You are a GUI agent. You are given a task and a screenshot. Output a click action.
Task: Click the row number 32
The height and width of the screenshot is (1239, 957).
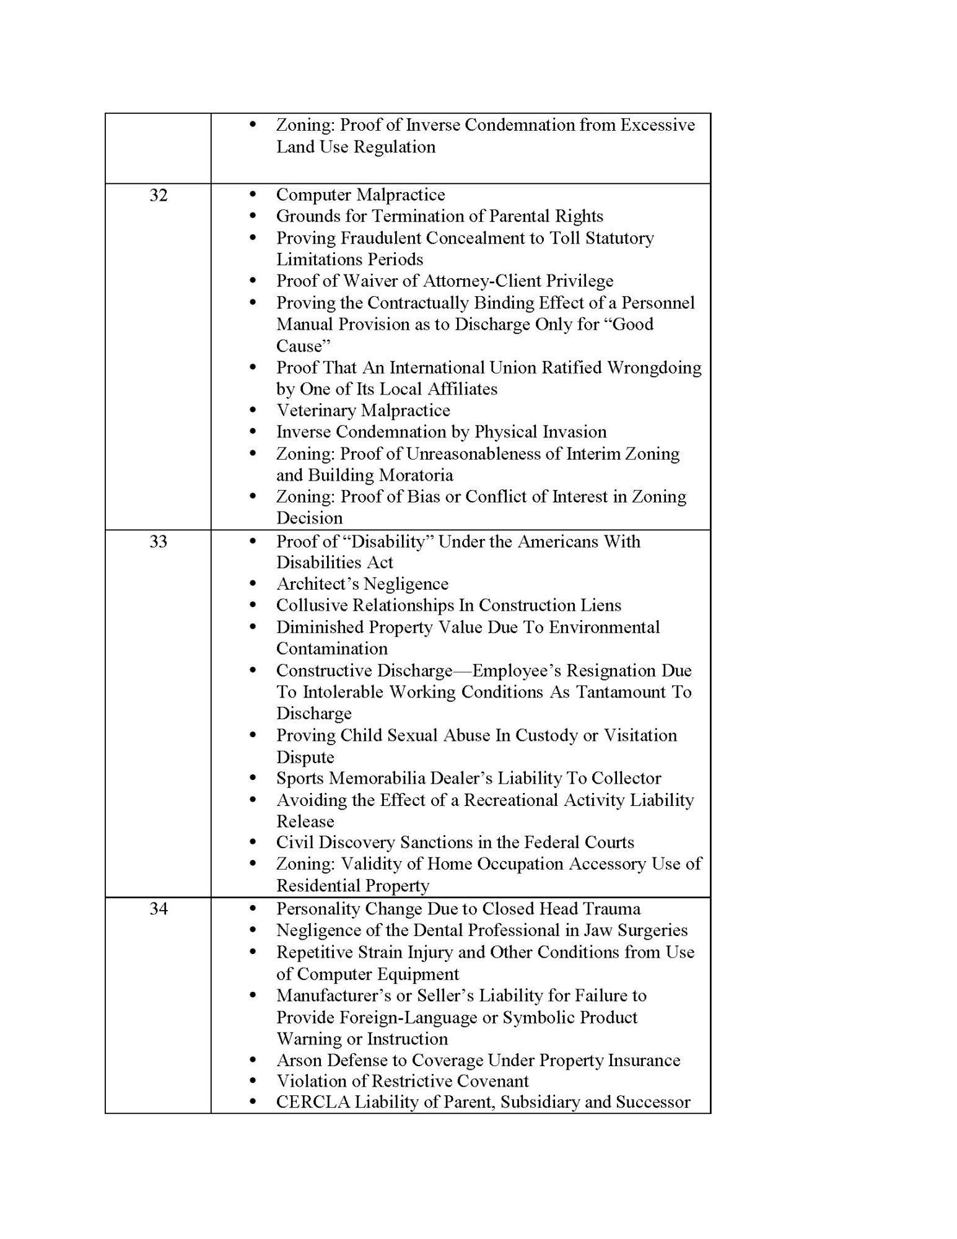tap(158, 195)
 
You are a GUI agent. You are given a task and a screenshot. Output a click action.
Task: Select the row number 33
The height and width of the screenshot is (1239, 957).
tap(158, 541)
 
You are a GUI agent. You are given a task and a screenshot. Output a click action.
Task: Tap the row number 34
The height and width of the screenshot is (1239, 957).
tap(158, 909)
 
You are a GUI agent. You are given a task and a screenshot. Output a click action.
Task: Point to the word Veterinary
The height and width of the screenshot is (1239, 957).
tap(317, 411)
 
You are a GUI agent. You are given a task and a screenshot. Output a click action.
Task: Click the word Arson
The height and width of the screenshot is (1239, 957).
tap(299, 1060)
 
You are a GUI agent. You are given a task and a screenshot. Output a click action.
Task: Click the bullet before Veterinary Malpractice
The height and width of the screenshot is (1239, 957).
tap(252, 410)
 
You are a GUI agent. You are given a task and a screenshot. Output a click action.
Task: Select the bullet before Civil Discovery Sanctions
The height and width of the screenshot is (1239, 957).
tap(252, 843)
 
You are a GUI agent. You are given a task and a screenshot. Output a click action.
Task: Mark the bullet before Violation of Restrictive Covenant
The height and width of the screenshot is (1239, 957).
tap(252, 1081)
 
